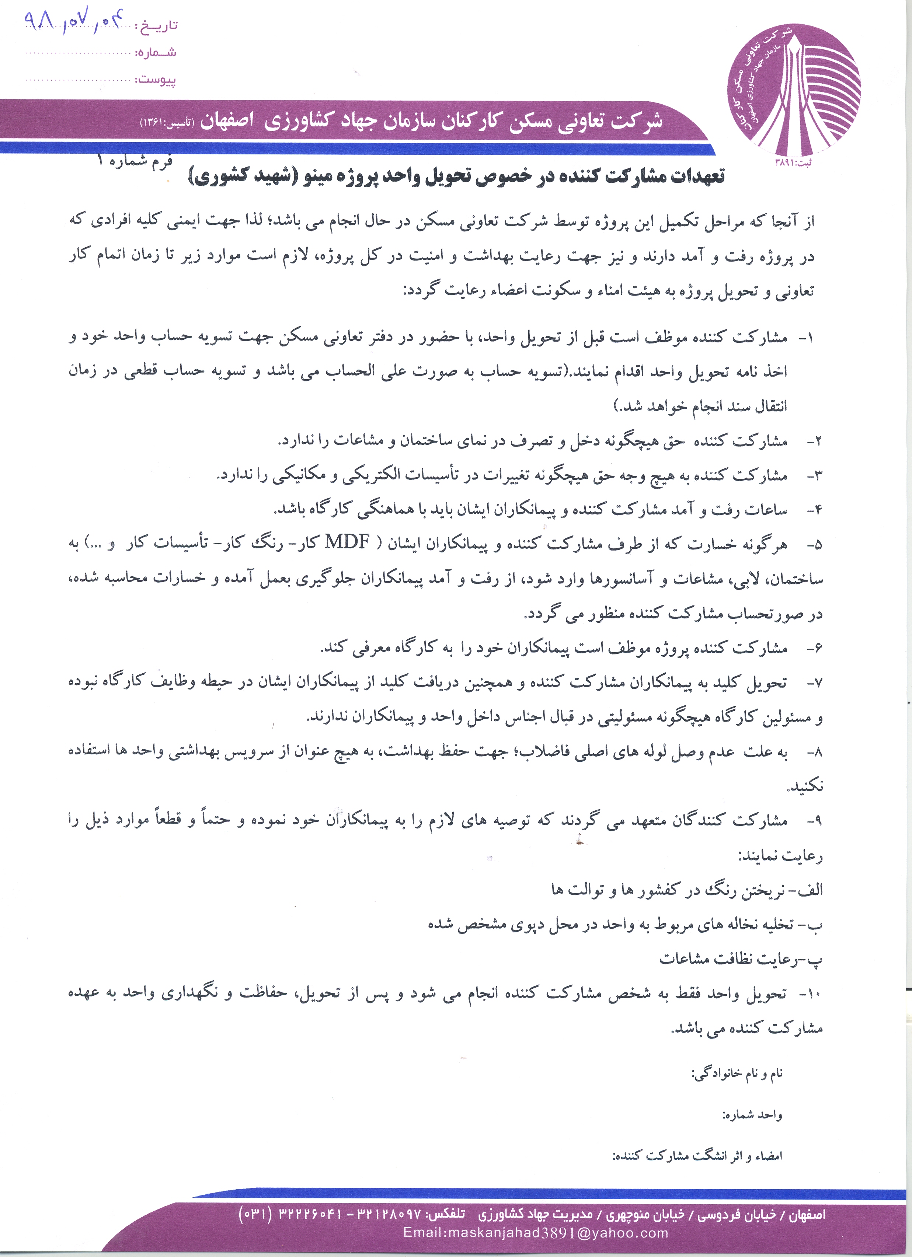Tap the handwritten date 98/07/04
coord(72,23)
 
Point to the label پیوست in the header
coord(157,80)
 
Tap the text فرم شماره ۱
coord(135,161)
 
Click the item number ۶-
coord(814,648)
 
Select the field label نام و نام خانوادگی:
coord(737,1073)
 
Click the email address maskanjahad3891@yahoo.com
coord(536,1233)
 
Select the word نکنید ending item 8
coord(805,786)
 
